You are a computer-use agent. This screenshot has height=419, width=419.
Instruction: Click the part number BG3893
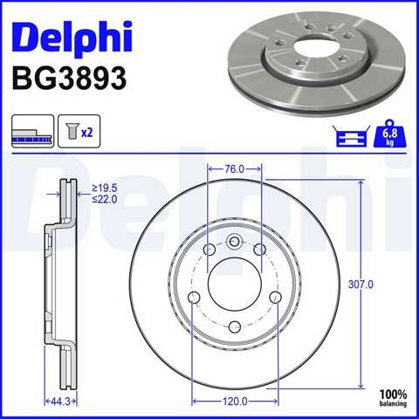click(69, 78)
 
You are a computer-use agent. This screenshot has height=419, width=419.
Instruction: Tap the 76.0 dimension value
click(235, 169)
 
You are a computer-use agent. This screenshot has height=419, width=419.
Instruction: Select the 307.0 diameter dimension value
click(361, 285)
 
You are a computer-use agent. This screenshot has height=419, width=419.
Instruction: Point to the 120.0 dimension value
click(235, 402)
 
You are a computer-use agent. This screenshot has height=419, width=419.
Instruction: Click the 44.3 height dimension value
click(60, 402)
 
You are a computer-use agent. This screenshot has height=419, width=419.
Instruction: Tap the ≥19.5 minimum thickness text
click(105, 189)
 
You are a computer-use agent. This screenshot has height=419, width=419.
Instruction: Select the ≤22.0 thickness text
click(105, 199)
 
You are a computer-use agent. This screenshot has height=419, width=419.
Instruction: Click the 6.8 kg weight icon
click(389, 135)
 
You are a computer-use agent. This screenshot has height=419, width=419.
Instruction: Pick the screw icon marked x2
click(79, 131)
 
